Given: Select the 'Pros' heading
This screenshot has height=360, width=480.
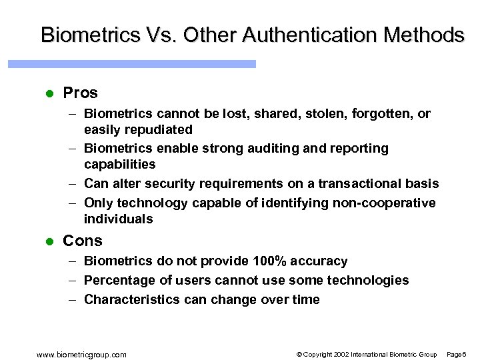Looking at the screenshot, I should (80, 93).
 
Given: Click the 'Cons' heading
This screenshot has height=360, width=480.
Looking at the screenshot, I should (83, 241).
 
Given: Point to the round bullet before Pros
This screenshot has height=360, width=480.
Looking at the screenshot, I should (48, 93).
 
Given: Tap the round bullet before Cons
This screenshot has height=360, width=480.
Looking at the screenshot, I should (48, 241).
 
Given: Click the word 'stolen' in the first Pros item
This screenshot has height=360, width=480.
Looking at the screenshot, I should (323, 114).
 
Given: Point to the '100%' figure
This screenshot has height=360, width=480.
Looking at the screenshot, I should (269, 261).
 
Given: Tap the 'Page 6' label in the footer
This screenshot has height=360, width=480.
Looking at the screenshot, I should (456, 354).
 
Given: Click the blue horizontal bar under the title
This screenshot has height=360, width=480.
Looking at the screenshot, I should (132, 64).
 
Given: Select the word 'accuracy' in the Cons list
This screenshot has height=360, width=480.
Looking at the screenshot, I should (323, 261).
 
